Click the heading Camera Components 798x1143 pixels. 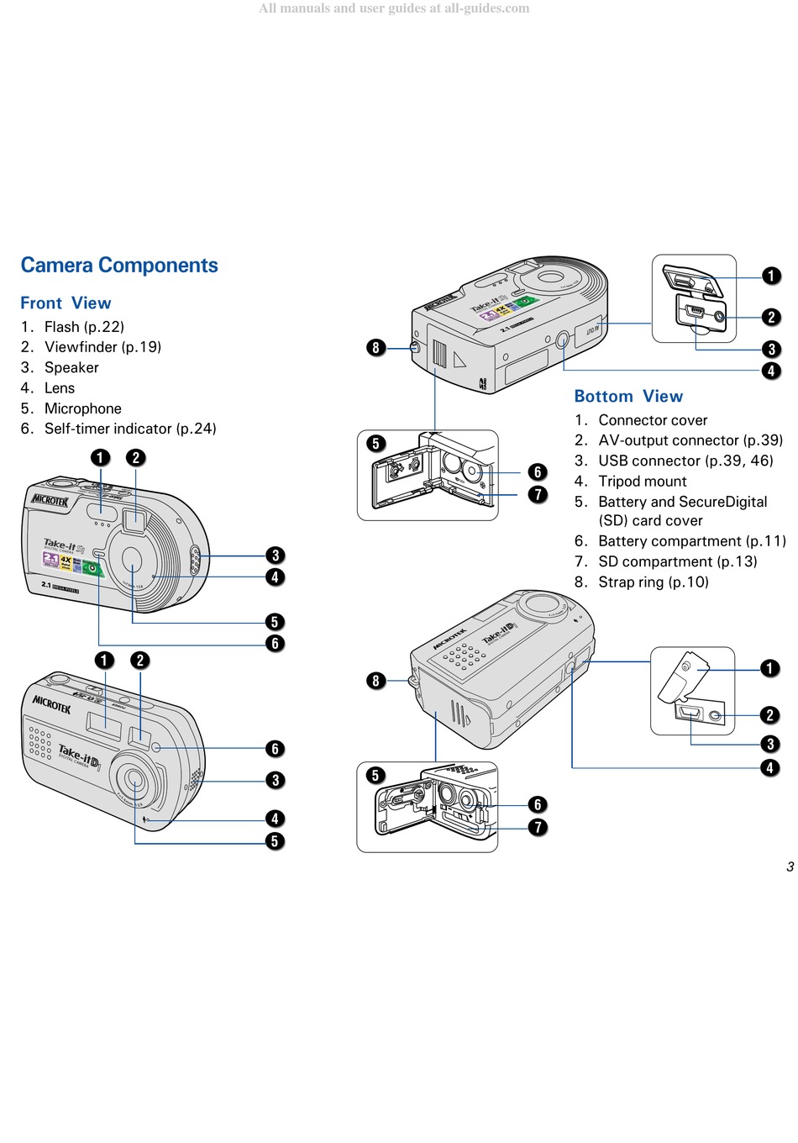tap(119, 266)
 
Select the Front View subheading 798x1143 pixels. tap(66, 303)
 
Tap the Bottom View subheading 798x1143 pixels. tap(628, 397)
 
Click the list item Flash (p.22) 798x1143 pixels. tap(84, 327)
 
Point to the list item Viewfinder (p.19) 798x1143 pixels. tap(102, 347)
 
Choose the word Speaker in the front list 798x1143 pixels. tap(71, 368)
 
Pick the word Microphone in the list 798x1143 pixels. tap(82, 409)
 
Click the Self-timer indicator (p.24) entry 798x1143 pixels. tap(130, 429)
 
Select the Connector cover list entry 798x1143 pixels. tap(653, 420)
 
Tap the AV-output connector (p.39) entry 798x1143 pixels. tap(690, 440)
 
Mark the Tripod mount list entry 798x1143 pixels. tap(642, 482)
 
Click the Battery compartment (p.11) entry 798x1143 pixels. tap(691, 541)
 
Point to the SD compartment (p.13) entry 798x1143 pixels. tap(677, 561)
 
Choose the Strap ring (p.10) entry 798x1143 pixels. tap(653, 582)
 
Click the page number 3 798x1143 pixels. tap(790, 867)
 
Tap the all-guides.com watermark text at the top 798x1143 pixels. tap(394, 8)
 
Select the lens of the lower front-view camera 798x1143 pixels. tap(134, 784)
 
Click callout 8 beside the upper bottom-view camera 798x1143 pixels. tap(375, 348)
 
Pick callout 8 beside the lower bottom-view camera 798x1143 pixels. tap(375, 681)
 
